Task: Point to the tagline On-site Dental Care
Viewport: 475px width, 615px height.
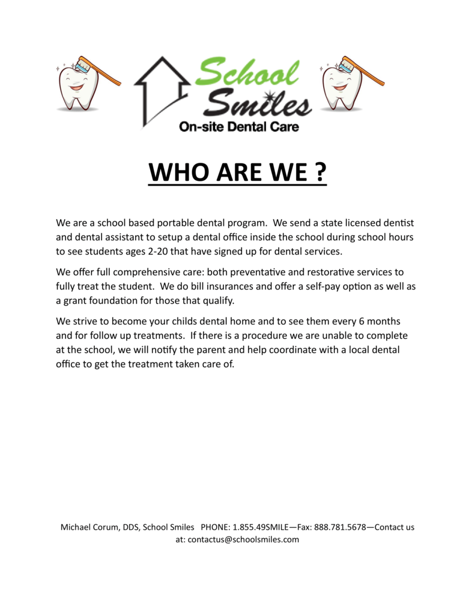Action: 238,127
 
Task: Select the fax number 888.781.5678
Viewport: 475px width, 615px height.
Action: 340,527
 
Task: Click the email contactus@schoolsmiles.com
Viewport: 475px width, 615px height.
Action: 243,539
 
